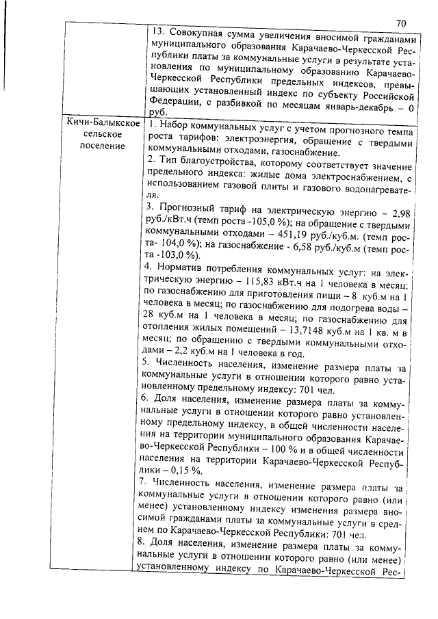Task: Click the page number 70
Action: tap(401, 23)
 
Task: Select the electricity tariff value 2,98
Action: tap(397, 214)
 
